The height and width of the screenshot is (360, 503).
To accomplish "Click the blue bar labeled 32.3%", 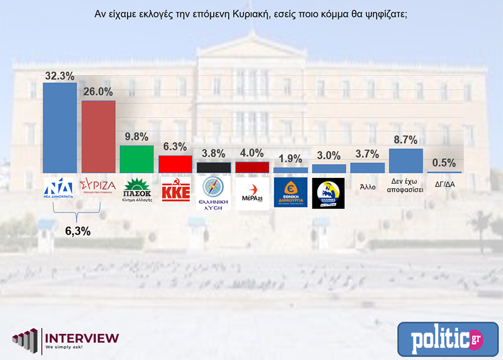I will tap(60, 128).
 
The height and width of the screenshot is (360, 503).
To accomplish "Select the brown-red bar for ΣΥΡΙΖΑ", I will tap(99, 137).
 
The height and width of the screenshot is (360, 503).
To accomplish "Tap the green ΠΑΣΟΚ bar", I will tap(137, 159).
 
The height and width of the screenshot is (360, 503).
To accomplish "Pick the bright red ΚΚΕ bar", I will tap(175, 164).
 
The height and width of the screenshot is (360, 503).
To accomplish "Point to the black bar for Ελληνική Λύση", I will tap(214, 167).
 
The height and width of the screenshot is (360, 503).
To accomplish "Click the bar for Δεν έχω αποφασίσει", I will tap(406, 161).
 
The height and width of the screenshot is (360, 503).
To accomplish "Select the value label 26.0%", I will tap(99, 92).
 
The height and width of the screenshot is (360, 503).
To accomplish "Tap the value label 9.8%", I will tap(137, 137).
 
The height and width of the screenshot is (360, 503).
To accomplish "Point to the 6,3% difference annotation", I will tap(78, 231).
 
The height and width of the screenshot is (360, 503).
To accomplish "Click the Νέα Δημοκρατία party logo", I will tap(60, 189).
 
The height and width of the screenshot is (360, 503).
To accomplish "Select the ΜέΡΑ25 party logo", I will tap(252, 192).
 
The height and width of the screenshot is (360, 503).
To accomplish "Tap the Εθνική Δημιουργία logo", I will tap(290, 192).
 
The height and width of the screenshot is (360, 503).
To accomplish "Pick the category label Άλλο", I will tap(367, 187).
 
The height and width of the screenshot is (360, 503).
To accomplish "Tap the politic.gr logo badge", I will tap(447, 339).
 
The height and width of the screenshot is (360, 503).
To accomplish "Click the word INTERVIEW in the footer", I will tap(82, 337).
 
